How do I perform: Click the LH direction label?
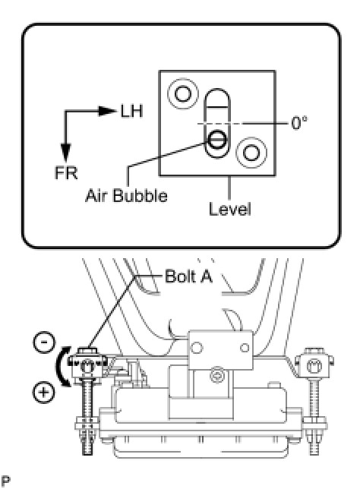[x=131, y=112]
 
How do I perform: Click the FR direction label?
[x=66, y=173]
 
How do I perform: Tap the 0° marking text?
[x=299, y=123]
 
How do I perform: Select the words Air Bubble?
[x=126, y=196]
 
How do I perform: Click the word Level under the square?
[x=229, y=209]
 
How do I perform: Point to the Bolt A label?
[x=188, y=276]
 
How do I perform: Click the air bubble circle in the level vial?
[x=216, y=139]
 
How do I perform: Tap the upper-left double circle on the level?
[x=182, y=93]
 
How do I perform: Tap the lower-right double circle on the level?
[x=251, y=153]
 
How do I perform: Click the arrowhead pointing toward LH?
[x=106, y=111]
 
